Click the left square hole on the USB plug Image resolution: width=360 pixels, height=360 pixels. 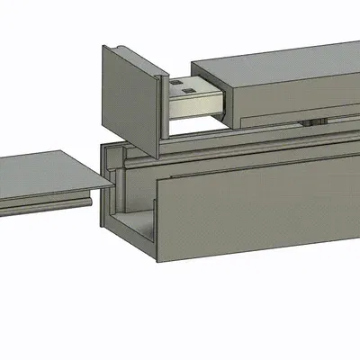[180, 88]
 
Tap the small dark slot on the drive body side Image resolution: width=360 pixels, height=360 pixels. [314, 120]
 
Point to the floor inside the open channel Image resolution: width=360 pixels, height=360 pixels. [135, 225]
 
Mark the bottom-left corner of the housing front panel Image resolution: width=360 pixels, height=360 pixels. [160, 262]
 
